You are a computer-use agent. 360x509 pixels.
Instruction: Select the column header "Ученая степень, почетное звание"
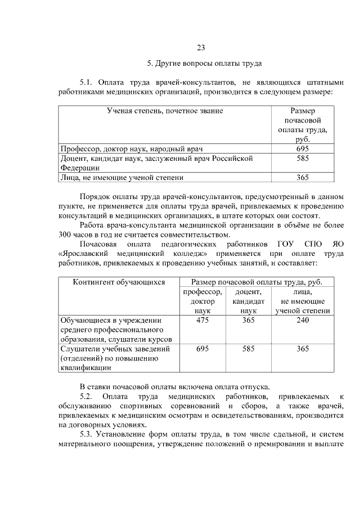[165, 111]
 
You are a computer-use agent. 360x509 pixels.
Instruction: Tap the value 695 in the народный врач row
[302, 149]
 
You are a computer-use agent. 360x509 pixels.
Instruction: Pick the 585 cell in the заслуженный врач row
[302, 159]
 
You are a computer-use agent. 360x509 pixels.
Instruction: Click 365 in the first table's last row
[302, 177]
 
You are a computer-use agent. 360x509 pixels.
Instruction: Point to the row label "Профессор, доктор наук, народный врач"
[131, 149]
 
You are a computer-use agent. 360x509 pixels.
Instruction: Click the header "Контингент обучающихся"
[119, 282]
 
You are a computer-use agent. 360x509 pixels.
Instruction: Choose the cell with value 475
[202, 320]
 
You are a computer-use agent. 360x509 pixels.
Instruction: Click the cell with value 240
[302, 320]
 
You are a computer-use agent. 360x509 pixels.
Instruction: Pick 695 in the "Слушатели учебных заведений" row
[202, 349]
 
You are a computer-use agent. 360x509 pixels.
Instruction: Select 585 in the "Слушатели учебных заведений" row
[248, 349]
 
